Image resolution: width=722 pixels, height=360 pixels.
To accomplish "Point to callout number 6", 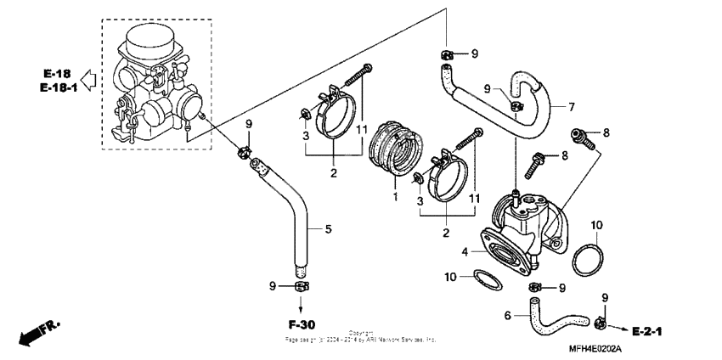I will click(507, 315).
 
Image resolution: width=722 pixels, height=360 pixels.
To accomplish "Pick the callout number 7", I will click(571, 108).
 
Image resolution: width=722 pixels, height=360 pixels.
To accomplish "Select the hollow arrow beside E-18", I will click(87, 81).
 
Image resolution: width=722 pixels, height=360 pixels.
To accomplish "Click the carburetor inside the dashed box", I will click(157, 85).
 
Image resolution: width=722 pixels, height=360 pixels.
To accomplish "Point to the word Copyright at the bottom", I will click(361, 333).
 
